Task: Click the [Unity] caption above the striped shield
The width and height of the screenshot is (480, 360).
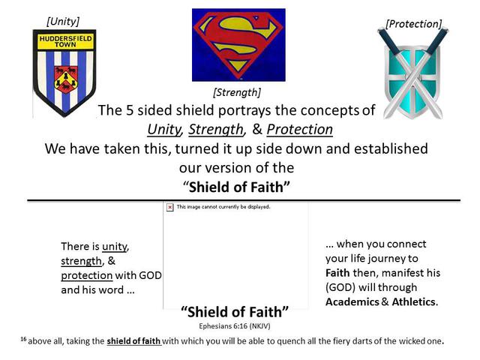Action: point(63,22)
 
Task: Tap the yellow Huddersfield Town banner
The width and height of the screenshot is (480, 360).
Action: point(65,42)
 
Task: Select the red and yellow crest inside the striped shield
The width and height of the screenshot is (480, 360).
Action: point(65,79)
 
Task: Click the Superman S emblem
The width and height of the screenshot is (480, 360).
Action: point(238,45)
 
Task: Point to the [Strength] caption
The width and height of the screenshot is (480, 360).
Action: point(237,92)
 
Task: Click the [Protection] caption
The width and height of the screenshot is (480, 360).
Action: point(414,24)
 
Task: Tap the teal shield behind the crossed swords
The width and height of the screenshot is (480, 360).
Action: point(412,81)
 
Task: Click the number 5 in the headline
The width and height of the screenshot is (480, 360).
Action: point(130,110)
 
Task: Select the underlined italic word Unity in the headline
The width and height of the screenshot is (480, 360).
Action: point(164,129)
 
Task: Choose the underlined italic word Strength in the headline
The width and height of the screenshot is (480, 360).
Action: point(216,129)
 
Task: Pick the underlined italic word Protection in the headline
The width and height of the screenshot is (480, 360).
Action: point(300,129)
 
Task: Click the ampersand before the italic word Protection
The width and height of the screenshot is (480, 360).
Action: point(257,129)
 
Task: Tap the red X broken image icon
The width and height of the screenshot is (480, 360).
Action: point(170,207)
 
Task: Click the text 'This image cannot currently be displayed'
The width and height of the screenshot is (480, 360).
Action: point(223,207)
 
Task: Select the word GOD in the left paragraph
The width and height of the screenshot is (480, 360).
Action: point(150,275)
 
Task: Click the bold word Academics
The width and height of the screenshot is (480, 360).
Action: point(352,301)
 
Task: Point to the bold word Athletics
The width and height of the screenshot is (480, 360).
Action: point(413,301)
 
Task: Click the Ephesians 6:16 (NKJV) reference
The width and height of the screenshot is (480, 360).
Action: point(235,326)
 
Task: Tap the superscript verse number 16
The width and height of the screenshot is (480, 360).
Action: point(23,339)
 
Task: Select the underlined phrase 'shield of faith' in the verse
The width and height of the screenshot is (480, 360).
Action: point(133,341)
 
